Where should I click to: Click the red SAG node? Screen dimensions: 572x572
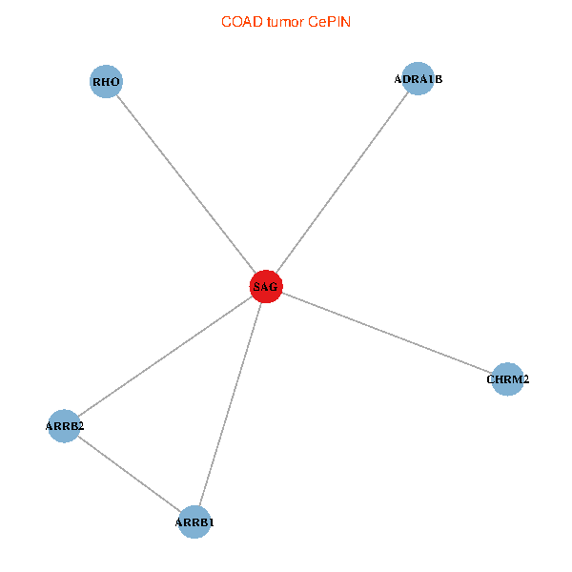point(265,287)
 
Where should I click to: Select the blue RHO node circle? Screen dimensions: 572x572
point(106,82)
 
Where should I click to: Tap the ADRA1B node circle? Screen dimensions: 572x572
point(419,79)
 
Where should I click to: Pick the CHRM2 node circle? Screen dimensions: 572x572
point(507,379)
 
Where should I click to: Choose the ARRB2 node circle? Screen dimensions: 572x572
point(65,426)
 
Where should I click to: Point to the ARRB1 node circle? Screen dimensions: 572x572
point(194,522)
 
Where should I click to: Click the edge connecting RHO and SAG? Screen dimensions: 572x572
point(186,185)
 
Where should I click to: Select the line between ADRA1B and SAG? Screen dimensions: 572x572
point(341,183)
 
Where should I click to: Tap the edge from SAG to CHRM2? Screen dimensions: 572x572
point(386,334)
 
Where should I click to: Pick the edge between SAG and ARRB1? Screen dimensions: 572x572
point(230,404)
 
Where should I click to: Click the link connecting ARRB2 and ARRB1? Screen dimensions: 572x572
point(130,474)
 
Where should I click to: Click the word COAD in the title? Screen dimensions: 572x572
point(238,21)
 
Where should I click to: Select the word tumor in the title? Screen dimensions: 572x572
point(283,21)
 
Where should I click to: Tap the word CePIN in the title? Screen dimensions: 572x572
point(329,21)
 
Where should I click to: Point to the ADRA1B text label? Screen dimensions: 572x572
point(419,79)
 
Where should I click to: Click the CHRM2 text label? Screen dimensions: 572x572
point(507,379)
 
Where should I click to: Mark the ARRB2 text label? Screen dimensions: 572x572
point(65,426)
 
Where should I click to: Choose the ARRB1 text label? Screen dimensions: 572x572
point(194,522)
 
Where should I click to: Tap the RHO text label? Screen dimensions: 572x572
point(106,82)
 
